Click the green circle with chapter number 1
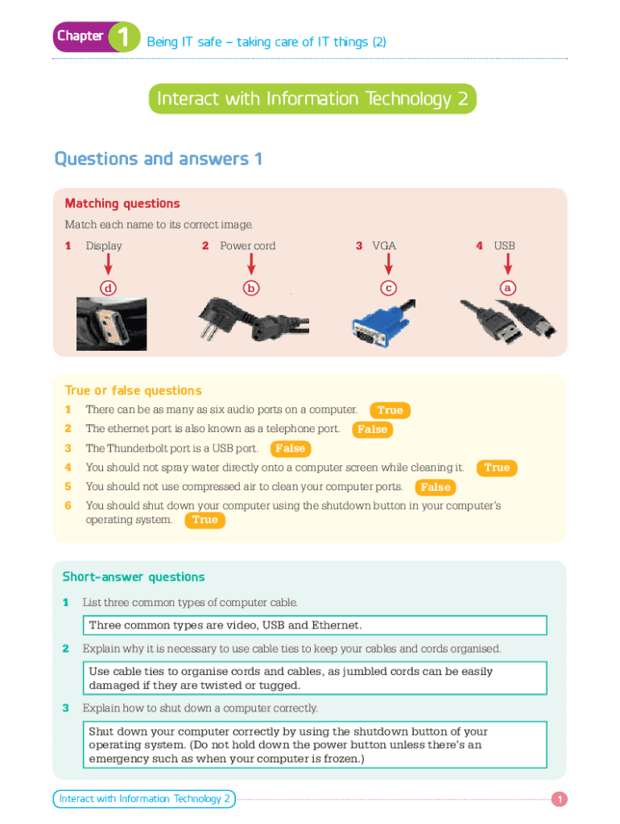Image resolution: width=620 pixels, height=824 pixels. pos(124,37)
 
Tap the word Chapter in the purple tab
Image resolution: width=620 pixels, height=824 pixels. pos(81,35)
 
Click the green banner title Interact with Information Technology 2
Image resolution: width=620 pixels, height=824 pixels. pos(312,99)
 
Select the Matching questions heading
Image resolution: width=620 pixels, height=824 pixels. pos(122,204)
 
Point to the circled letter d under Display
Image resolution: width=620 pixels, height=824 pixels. pos(109,288)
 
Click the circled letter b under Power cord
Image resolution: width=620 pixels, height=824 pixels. pos(251,288)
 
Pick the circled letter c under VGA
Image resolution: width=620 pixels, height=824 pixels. pos(389,288)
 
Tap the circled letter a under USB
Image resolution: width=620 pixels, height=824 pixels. pos(507,288)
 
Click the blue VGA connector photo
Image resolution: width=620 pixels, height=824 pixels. pos(383,323)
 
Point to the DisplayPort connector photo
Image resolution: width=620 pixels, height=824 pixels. pos(111,324)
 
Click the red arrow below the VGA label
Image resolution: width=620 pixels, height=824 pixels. pos(389,264)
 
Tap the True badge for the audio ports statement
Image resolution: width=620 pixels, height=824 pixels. pos(390,410)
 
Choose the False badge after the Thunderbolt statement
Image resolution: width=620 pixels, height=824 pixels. pos(291,449)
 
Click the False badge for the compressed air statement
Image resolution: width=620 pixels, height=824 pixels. pos(436,487)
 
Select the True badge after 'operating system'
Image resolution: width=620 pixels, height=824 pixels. pos(205,520)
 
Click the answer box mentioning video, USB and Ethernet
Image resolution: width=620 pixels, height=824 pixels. pos(315,625)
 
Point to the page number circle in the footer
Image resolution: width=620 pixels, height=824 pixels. pos(560,799)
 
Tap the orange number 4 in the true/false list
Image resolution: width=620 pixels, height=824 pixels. pos(68,468)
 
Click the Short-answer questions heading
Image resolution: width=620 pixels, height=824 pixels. pos(134,577)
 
